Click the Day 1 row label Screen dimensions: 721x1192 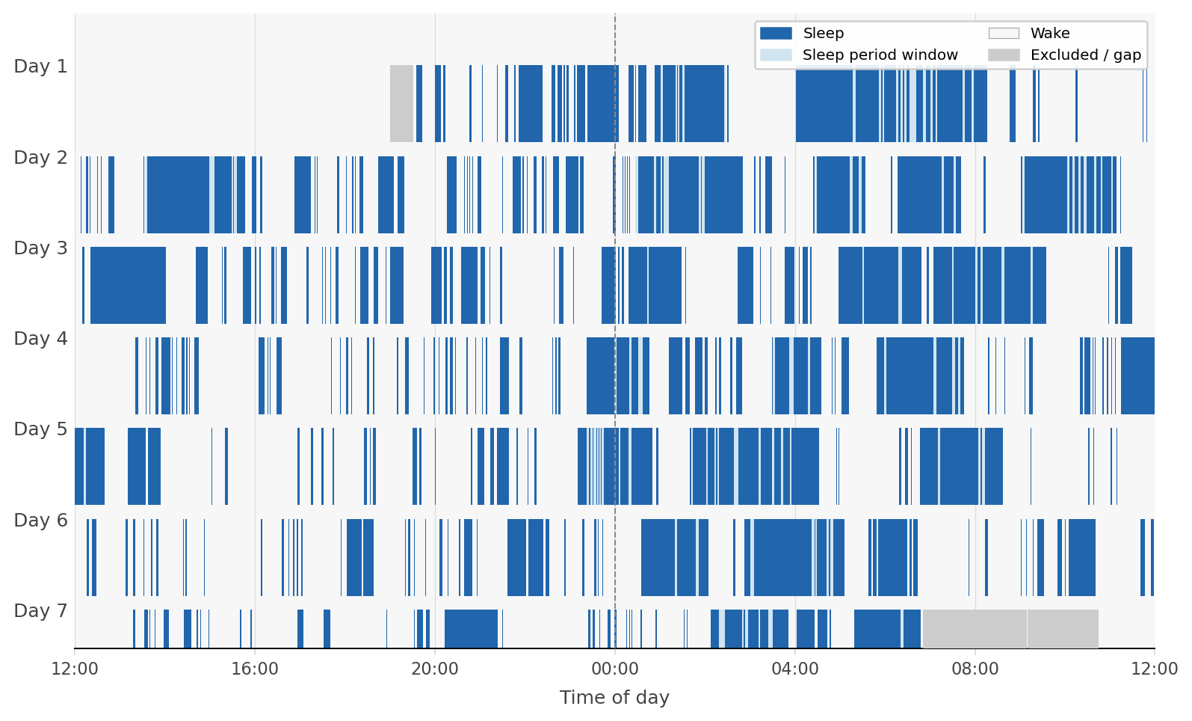point(40,67)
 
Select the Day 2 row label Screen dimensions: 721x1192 point(40,158)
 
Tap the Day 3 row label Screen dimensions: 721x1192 point(40,248)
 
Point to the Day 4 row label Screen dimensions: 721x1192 point(40,339)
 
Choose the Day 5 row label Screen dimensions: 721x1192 point(40,429)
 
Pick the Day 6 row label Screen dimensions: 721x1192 point(40,521)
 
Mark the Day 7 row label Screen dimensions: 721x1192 point(40,611)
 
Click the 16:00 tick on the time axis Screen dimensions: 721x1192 point(255,669)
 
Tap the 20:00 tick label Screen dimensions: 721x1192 point(435,669)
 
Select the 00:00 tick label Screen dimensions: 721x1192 point(615,669)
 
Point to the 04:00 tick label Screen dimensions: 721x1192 point(795,669)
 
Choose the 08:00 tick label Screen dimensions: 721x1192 point(975,669)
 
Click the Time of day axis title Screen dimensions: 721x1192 point(614,698)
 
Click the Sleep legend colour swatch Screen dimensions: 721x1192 point(776,34)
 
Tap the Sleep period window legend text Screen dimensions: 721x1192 point(880,55)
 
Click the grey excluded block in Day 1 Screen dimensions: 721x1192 point(401,103)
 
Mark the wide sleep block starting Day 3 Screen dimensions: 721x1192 point(128,285)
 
